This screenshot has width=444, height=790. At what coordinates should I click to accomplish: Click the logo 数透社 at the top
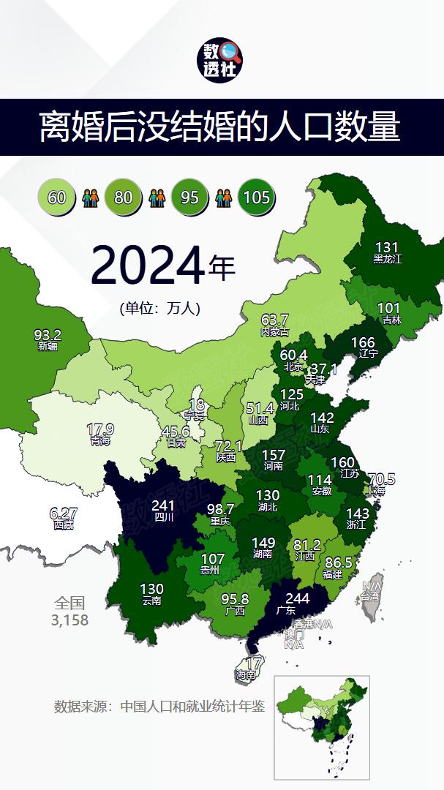222,61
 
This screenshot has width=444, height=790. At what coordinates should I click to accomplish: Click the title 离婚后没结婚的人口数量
220,127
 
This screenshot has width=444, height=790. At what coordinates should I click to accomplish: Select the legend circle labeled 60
57,197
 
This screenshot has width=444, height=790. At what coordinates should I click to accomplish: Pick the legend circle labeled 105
257,197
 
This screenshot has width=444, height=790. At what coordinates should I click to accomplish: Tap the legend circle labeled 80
124,197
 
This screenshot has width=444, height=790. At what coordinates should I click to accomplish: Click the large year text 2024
146,266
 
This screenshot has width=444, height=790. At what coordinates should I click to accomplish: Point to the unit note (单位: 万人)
159,309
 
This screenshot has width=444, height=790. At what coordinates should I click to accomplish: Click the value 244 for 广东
296,598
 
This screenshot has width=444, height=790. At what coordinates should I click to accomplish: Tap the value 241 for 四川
162,505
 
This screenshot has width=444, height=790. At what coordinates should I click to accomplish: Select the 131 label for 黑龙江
386,247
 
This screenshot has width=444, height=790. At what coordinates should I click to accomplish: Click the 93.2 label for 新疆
48,335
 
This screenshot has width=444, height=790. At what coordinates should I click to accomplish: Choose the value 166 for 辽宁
363,342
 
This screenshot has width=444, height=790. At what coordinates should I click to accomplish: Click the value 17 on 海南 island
253,663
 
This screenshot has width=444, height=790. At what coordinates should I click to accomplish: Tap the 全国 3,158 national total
70,612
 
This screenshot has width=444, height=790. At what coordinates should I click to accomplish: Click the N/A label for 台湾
372,587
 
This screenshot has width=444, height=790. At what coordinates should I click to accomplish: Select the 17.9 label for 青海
100,429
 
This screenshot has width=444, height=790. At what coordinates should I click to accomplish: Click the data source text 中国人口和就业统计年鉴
192,707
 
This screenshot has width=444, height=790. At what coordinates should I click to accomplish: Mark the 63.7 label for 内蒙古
275,320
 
